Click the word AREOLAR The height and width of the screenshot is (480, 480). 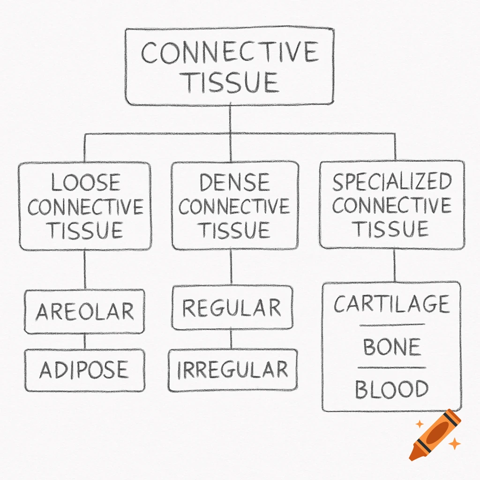tap(85, 311)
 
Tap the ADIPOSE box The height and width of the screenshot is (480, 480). tap(84, 370)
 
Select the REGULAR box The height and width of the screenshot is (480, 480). tap(232, 307)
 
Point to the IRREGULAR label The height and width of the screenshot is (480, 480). tap(232, 370)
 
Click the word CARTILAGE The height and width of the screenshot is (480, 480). tap(392, 304)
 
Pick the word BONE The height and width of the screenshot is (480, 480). tap(391, 347)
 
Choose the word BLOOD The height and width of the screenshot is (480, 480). tap(391, 389)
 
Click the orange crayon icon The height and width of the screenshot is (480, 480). tap(435, 434)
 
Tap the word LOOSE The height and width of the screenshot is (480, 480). tap(85, 183)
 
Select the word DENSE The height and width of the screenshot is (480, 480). tap(234, 183)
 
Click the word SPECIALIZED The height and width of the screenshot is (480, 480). tap(392, 182)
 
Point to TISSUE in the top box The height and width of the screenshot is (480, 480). tap(230, 82)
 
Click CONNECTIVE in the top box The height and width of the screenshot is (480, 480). tap(230, 52)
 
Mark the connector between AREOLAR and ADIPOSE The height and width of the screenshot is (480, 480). tap(85, 341)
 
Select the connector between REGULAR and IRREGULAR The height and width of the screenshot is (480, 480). tap(231, 339)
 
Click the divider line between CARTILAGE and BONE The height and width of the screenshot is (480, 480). tap(392, 325)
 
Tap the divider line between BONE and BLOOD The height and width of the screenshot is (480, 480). tap(392, 368)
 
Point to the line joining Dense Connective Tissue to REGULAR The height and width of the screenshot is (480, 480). tap(231, 267)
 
